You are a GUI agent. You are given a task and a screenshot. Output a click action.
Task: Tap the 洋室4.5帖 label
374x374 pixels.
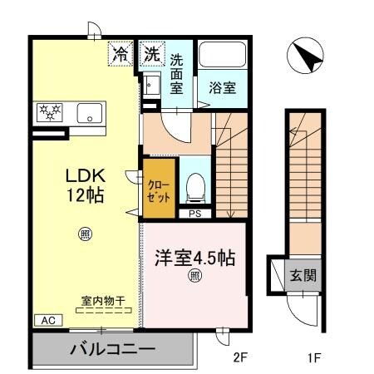tap(194, 258)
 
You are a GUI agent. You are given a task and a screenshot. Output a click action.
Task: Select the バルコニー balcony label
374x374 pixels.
tap(112, 349)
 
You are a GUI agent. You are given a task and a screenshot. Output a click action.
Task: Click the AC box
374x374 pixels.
tap(47, 319)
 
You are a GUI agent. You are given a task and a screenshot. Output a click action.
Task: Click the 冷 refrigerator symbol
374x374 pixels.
tap(121, 55)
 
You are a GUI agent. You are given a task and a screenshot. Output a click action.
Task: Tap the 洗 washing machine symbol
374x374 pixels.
tap(151, 55)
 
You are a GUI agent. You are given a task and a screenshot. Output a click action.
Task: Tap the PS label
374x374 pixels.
tap(194, 214)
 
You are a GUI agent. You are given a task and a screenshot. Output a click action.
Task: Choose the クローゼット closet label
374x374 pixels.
tap(159, 190)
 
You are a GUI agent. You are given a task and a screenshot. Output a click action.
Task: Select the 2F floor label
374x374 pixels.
tap(241, 359)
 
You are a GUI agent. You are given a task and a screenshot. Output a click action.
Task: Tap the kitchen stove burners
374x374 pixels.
tap(49, 112)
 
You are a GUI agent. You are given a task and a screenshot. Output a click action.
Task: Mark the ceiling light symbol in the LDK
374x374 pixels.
tap(85, 234)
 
